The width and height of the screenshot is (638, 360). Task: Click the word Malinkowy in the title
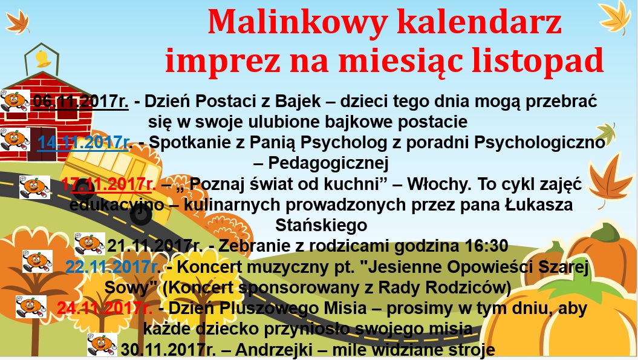[296, 23]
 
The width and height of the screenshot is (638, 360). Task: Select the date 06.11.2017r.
[80, 102]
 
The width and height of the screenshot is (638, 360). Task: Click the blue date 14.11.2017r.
[85, 143]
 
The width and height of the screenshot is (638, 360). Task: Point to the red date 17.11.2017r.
[109, 184]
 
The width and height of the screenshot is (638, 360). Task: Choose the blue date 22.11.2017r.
[113, 267]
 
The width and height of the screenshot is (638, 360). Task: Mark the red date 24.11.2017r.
[105, 309]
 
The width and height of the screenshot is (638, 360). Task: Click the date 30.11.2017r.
[169, 350]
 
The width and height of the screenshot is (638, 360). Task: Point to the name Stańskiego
[321, 225]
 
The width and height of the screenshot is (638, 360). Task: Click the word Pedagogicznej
[328, 163]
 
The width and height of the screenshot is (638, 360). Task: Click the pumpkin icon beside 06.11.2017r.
[15, 101]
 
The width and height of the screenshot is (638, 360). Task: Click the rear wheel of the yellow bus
[141, 215]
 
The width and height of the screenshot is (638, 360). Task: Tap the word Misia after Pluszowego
[345, 309]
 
